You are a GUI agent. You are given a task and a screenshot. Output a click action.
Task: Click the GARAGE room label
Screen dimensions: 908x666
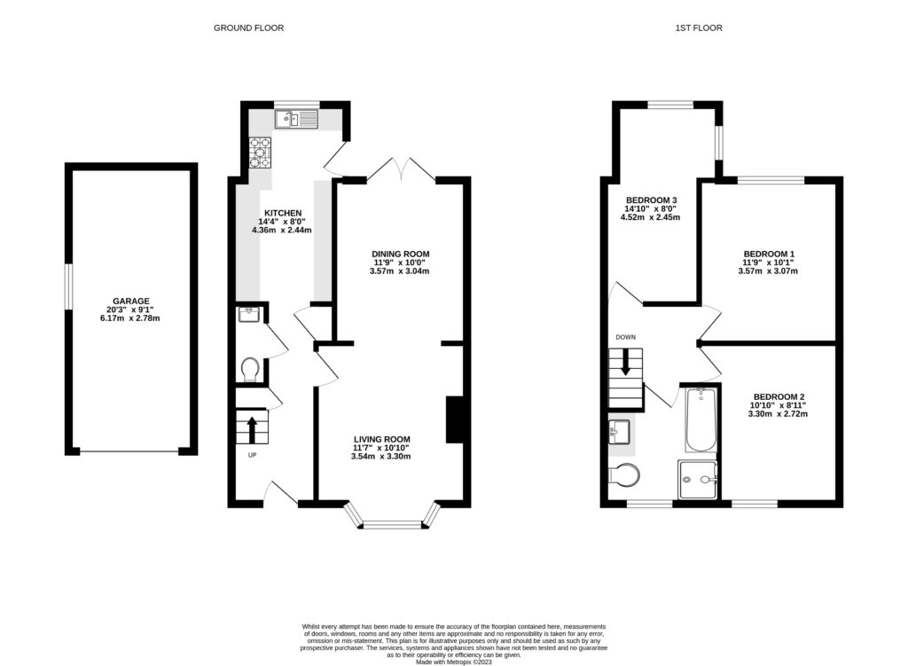(x=131, y=302)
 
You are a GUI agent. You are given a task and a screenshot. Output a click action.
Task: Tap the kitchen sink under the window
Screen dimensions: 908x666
(x=296, y=119)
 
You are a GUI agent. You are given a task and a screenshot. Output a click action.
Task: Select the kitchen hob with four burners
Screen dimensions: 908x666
(x=260, y=153)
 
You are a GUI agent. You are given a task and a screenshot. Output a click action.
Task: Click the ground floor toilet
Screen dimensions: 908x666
(x=250, y=370)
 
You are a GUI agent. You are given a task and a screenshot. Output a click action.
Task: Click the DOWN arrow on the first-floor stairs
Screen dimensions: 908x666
(x=625, y=362)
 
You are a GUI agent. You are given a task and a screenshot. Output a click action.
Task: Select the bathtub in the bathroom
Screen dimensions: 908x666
(x=701, y=420)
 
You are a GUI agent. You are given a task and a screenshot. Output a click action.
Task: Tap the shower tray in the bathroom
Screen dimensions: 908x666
(x=698, y=480)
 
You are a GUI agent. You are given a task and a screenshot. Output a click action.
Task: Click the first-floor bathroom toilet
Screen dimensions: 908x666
(x=624, y=474)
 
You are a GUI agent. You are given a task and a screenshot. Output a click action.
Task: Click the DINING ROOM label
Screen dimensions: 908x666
(x=401, y=254)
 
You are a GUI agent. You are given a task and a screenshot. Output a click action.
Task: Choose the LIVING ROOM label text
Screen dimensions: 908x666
(x=381, y=440)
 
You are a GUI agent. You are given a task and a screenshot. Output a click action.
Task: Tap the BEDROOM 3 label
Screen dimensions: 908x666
(x=652, y=200)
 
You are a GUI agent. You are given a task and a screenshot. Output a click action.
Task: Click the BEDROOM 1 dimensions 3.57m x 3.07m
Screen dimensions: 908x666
(x=768, y=270)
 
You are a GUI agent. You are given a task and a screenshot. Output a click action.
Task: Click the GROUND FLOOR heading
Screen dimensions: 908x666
(x=248, y=27)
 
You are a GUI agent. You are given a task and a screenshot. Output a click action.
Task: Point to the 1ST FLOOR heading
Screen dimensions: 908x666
(x=699, y=27)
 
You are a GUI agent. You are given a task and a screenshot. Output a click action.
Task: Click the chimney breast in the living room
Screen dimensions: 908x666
(x=454, y=419)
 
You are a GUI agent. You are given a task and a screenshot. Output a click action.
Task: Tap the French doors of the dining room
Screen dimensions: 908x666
(x=401, y=168)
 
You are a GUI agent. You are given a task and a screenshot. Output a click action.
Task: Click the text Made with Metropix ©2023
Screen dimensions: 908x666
(x=454, y=662)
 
